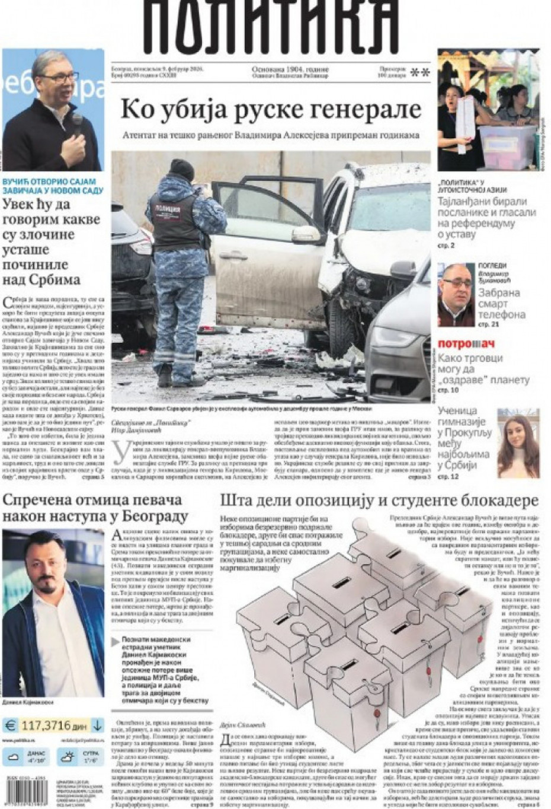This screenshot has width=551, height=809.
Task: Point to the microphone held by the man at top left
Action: point(76,123)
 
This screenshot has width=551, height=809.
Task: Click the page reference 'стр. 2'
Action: point(446,246)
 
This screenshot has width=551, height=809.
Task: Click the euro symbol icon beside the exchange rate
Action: point(10,725)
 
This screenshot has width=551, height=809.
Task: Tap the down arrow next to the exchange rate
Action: point(97,725)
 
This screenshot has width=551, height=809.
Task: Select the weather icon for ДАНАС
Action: point(12,757)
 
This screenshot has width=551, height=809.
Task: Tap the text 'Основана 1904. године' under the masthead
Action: point(290,69)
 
